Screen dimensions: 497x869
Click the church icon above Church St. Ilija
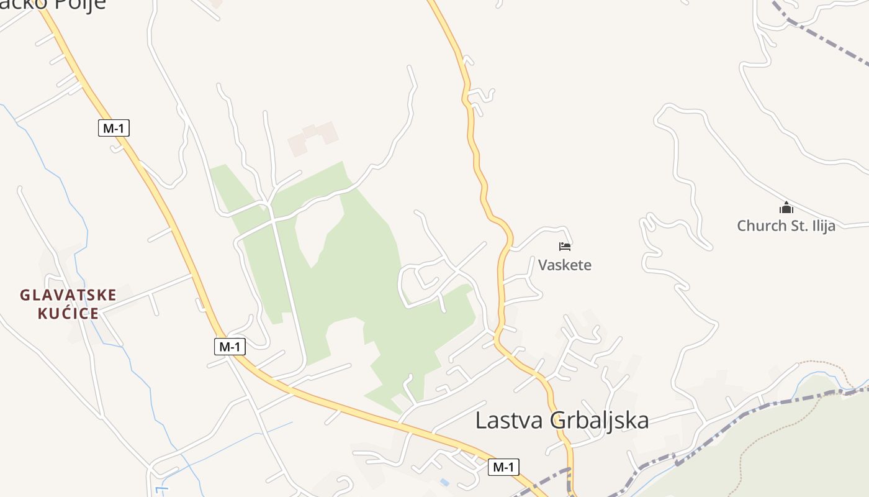coord(786,207)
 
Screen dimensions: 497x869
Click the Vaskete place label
coord(565,265)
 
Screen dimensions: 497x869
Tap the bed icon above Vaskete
coord(565,247)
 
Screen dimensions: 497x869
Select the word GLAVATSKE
coord(68,295)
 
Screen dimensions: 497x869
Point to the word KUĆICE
coord(68,313)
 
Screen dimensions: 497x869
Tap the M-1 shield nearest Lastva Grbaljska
coord(503,467)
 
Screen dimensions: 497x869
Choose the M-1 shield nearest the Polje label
coord(114,129)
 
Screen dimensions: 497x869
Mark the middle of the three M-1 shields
coord(230,347)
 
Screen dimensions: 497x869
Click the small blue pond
coord(444,482)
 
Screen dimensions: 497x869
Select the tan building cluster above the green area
coord(314,138)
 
